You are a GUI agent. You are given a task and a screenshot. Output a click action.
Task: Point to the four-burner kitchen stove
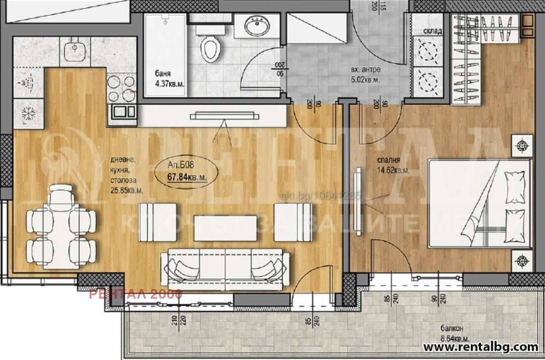tap(121, 88)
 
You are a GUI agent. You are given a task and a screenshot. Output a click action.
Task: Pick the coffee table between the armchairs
tap(216, 227)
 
